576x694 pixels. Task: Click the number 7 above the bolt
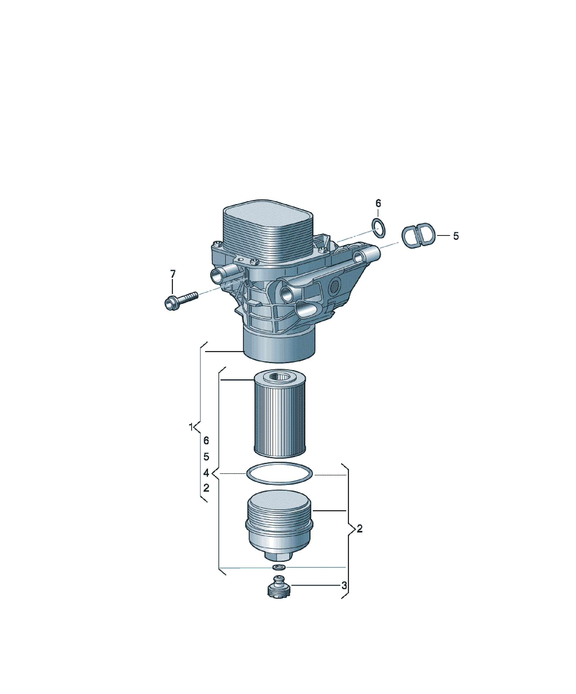(173, 274)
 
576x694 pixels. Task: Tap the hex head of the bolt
(171, 303)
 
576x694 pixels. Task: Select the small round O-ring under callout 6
(379, 228)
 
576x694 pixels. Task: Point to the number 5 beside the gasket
(456, 236)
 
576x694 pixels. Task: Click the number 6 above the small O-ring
(378, 203)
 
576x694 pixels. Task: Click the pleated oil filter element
(279, 414)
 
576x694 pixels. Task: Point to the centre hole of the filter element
(279, 376)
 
